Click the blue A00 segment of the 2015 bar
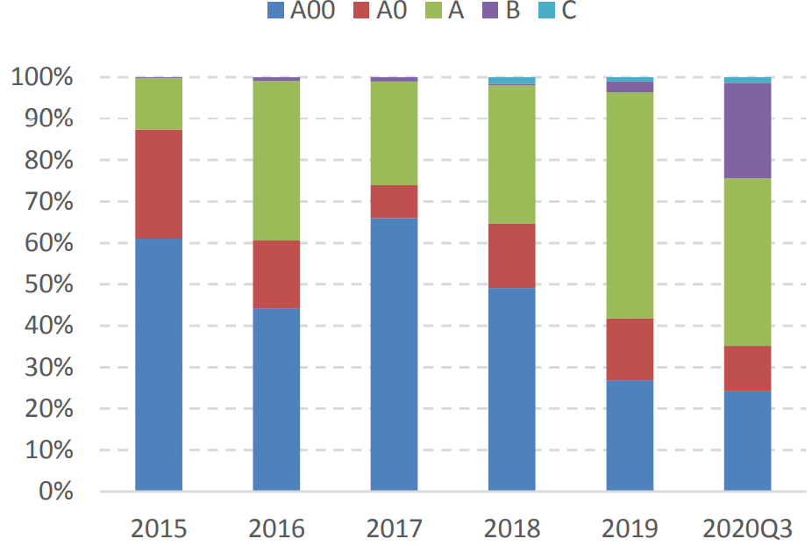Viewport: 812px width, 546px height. [159, 364]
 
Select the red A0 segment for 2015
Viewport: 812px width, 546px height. [159, 184]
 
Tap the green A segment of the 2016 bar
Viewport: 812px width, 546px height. [276, 161]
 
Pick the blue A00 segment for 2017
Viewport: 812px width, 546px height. [394, 354]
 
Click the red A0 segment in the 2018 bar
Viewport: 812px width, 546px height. [511, 255]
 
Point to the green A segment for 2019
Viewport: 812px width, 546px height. [630, 205]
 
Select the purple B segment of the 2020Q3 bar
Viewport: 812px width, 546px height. [747, 131]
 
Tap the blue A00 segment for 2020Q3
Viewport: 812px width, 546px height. [747, 440]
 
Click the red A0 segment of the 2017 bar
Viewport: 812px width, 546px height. [394, 202]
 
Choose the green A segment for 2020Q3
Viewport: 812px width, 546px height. [747, 262]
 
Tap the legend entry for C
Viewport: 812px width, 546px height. [558, 12]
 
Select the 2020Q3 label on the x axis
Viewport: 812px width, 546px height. [747, 528]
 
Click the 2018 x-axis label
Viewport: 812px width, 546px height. [511, 528]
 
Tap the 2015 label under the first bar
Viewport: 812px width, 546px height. [159, 528]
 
